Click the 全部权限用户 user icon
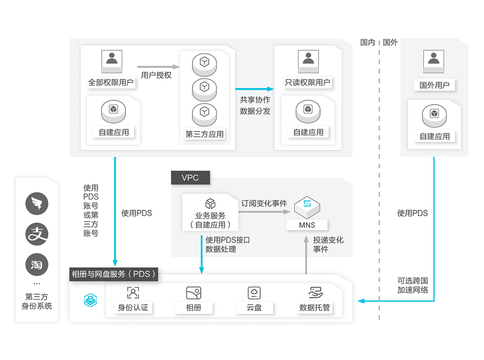pos(111,60)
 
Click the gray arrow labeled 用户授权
pos(155,67)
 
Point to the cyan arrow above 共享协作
pos(254,89)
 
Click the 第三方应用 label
pos(204,134)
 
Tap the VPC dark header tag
pos(190,178)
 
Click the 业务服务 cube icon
pos(210,204)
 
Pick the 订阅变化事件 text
pos(264,203)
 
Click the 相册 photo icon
pos(194,293)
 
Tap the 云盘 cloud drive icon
pos(254,293)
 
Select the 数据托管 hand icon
pos(315,293)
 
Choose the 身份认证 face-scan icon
pos(133,293)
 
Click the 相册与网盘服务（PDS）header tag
pos(114,274)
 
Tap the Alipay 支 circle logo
pos(37,234)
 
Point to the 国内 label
pos(367,42)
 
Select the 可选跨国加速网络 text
pos(412,285)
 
